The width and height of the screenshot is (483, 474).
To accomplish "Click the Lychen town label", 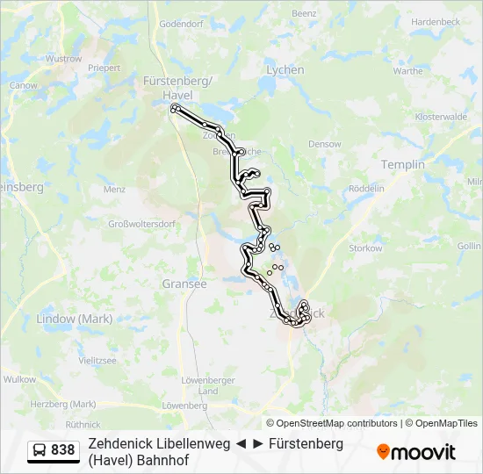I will point(285,70).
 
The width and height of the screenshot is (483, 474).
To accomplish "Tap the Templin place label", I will point(402,164).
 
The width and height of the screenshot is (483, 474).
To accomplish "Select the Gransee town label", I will point(184,284).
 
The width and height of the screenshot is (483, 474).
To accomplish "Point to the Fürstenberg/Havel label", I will point(177,88).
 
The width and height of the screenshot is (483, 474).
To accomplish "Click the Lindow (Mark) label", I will point(75,319).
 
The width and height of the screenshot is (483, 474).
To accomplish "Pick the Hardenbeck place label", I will point(436,45).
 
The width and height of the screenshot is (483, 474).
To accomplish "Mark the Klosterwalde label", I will point(440,117).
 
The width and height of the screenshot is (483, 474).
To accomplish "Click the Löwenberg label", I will point(184,406).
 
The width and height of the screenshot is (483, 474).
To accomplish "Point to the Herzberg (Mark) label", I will point(63,404).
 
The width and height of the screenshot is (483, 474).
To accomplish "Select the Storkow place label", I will point(365,248).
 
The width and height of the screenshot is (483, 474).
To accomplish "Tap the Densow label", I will point(324,143).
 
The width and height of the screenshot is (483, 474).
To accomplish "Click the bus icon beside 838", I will point(40,450).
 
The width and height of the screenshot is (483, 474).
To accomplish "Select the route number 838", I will point(63,450).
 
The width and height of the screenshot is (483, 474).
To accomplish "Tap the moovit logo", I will point(416,452).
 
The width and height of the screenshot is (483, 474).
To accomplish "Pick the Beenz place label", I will point(303,14).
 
